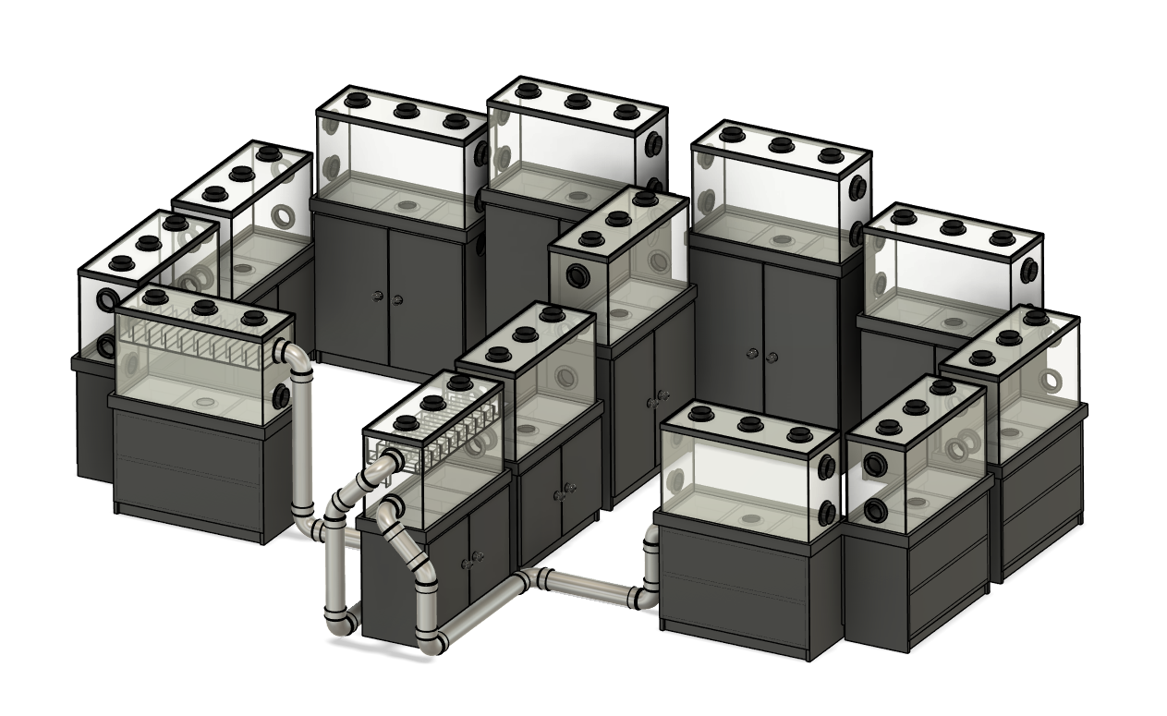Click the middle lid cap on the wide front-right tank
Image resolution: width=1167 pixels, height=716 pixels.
pyautogui.click(x=750, y=424)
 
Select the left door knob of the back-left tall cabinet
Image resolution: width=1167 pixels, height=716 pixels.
pyautogui.click(x=376, y=297)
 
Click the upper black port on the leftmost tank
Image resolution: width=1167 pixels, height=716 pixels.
pyautogui.click(x=108, y=300)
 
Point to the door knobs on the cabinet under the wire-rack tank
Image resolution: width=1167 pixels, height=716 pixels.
pyautogui.click(x=476, y=556)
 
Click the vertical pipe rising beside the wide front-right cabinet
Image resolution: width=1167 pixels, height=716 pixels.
pyautogui.click(x=651, y=564)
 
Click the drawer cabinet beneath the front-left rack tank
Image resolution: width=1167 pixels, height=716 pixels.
pyautogui.click(x=189, y=471)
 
